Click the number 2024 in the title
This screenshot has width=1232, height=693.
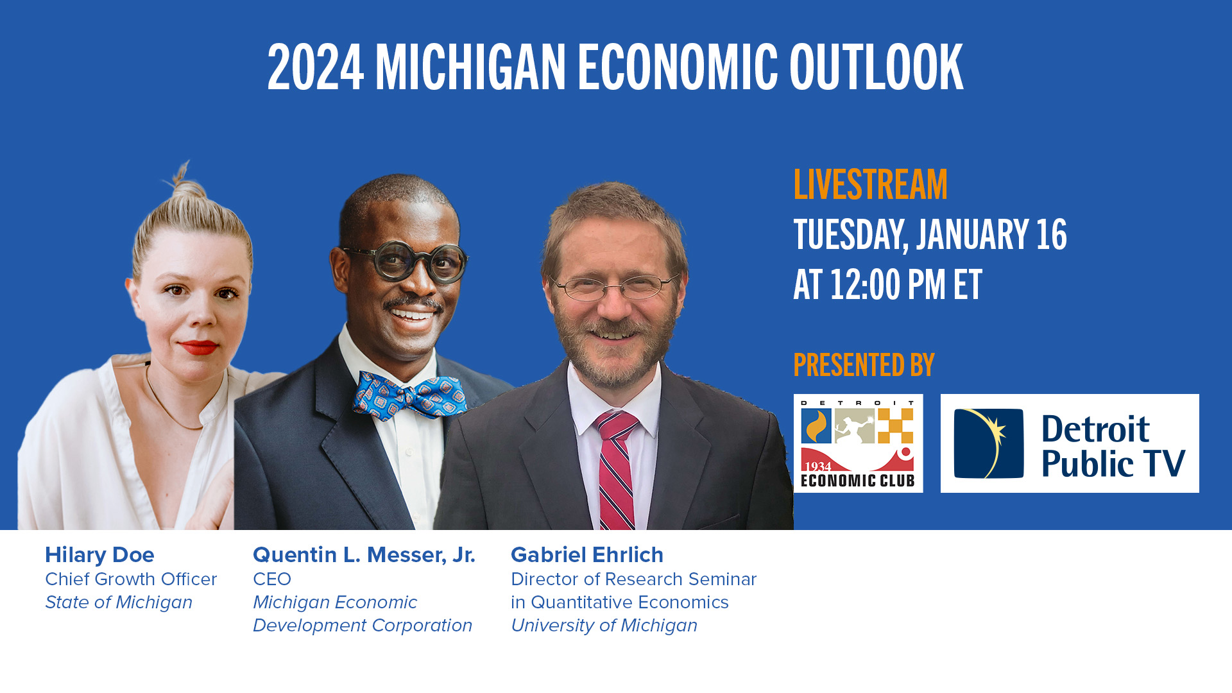[315, 68]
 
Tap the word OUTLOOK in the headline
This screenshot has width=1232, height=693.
[876, 68]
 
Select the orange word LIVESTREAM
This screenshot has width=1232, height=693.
[870, 185]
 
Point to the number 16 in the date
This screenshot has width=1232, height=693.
[1051, 235]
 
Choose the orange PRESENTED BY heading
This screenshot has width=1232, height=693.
[864, 365]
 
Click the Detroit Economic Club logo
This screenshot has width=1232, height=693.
[858, 443]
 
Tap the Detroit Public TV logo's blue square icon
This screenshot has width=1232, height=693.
[988, 443]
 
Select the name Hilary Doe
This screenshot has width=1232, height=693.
[99, 555]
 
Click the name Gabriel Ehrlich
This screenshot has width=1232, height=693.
[586, 555]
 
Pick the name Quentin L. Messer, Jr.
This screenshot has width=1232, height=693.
[364, 555]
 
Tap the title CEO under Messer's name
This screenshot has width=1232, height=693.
[272, 579]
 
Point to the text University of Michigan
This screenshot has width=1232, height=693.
[603, 626]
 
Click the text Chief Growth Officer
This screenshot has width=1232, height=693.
[131, 579]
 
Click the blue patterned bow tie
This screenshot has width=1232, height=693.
[409, 395]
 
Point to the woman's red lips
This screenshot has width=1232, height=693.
[198, 348]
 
